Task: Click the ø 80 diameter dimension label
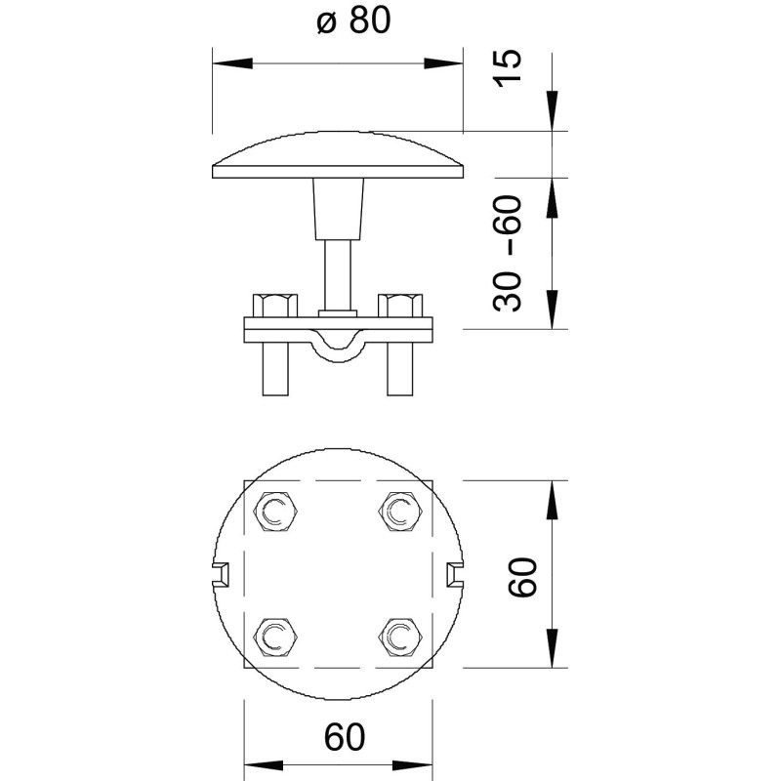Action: click(x=353, y=21)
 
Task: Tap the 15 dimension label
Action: click(x=507, y=68)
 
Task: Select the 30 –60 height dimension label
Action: click(x=507, y=254)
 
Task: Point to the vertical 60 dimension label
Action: click(x=522, y=577)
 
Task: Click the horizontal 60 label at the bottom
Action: click(x=345, y=737)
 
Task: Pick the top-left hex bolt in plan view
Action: click(x=275, y=512)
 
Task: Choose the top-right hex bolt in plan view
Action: click(x=400, y=512)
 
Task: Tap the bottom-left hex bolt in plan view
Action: click(x=275, y=637)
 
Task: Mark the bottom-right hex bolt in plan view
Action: click(x=400, y=637)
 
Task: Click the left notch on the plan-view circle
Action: click(x=222, y=574)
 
